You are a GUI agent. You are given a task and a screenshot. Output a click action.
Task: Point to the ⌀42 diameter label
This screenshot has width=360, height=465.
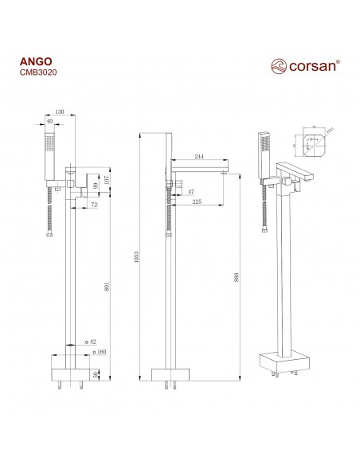coord(101,341)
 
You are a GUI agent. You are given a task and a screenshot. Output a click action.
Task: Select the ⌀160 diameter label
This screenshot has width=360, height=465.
coord(101,351)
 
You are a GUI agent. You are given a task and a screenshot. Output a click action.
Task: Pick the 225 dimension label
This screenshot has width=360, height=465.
coord(198,201)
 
